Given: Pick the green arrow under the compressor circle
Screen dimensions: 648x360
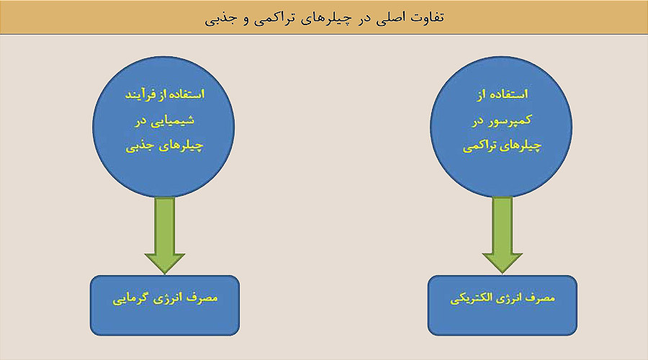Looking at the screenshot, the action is point(502,235).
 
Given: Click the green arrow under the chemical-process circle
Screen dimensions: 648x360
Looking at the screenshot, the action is point(164,235).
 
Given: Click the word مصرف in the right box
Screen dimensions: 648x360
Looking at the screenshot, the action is point(541,297).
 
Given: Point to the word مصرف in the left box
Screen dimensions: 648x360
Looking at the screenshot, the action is point(204,297).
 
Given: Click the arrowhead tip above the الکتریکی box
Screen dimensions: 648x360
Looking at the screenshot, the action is point(502,273).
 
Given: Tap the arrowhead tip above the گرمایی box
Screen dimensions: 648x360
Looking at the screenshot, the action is point(164,273).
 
